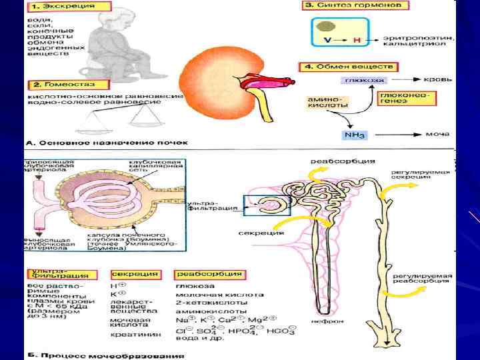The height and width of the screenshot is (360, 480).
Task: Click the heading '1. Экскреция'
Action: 59,6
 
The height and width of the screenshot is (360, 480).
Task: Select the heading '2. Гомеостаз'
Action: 61,85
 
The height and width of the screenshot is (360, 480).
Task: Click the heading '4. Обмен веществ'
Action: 347,67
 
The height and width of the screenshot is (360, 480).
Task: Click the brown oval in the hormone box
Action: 326,27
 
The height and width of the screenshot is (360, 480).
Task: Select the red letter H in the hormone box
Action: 357,41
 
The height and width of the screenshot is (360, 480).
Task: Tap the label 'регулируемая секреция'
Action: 422,176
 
